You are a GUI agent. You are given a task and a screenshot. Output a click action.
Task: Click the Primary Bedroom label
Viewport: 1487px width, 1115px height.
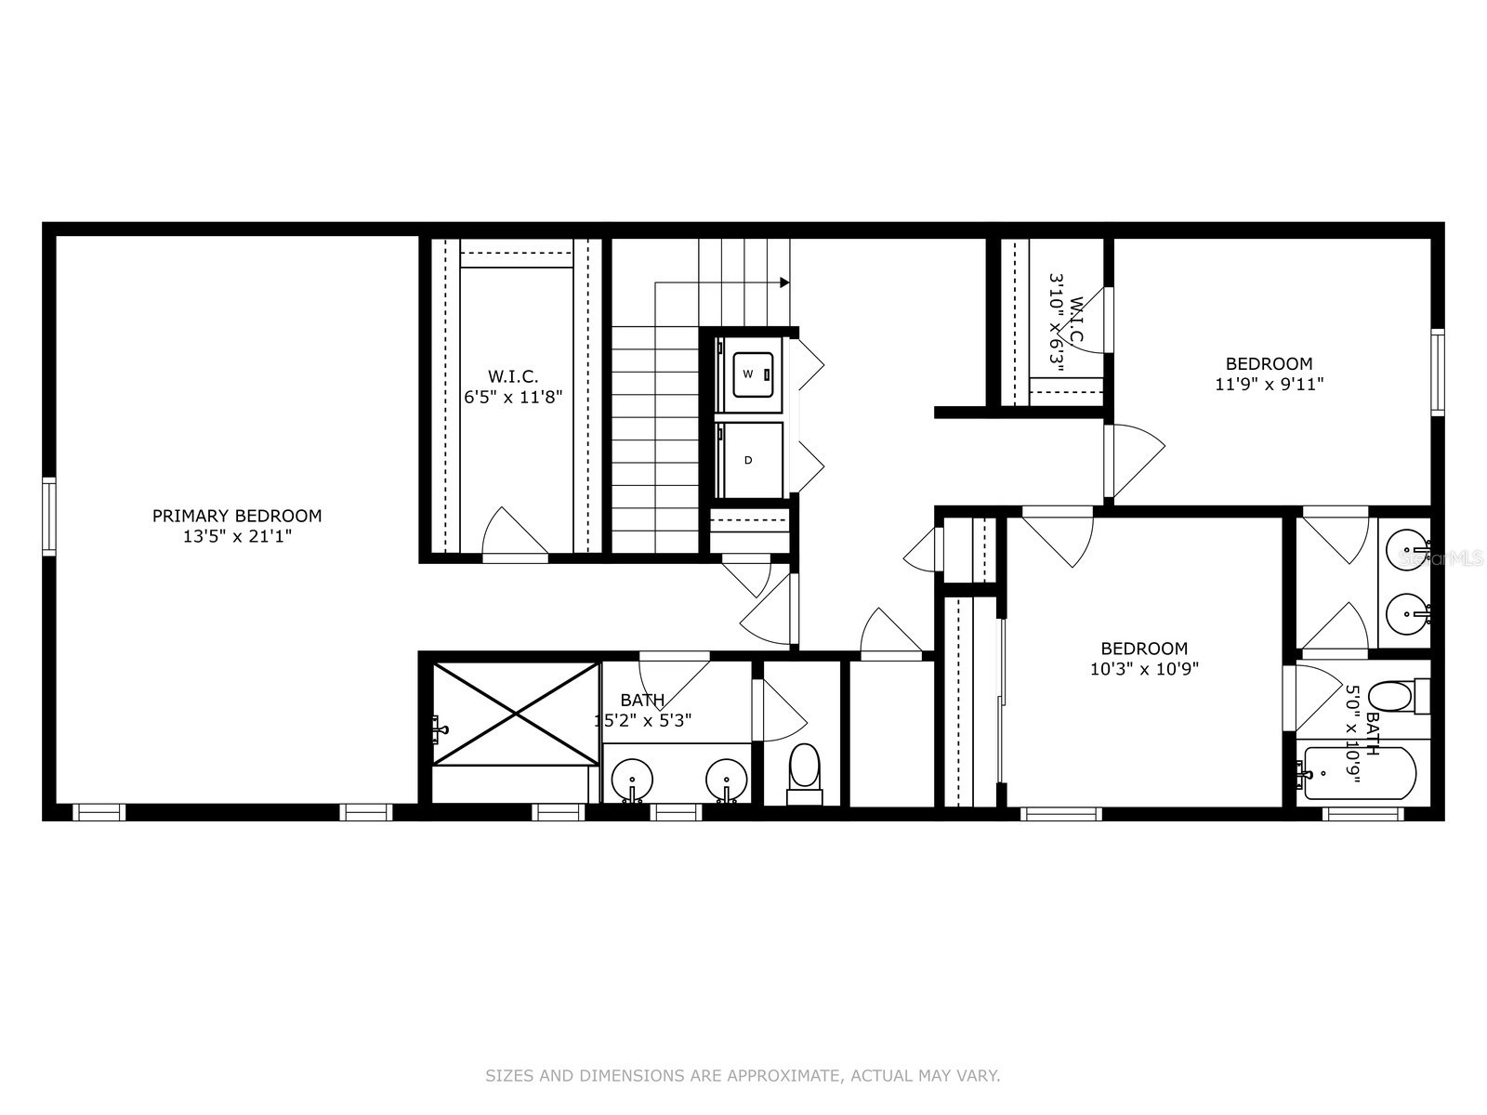(x=237, y=516)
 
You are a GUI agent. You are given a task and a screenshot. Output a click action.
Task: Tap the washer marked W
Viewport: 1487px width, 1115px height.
(x=752, y=374)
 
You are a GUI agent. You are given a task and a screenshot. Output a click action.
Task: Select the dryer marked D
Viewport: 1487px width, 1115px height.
(x=749, y=460)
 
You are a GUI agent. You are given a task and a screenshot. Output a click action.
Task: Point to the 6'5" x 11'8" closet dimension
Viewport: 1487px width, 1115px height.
(x=514, y=397)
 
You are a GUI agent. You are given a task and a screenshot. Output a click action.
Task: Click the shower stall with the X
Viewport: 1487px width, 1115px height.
(x=516, y=714)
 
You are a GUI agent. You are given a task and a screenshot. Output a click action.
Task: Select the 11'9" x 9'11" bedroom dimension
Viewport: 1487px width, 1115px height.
(x=1269, y=383)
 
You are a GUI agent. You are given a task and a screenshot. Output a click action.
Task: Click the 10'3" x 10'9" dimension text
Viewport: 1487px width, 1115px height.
(x=1144, y=668)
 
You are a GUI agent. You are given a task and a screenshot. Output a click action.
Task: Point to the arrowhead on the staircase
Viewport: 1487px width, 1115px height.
(x=785, y=282)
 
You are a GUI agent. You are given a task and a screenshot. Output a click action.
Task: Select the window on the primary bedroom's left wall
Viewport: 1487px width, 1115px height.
(x=49, y=516)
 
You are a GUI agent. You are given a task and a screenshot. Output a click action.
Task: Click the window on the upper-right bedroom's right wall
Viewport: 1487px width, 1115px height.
(x=1438, y=372)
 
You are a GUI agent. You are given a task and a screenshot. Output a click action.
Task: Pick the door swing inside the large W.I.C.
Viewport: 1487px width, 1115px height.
(x=514, y=534)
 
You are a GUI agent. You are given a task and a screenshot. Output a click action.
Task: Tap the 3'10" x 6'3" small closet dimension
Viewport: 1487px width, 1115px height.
(x=1056, y=321)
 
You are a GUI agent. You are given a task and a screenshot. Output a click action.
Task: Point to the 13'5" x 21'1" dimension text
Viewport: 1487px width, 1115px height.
(x=237, y=536)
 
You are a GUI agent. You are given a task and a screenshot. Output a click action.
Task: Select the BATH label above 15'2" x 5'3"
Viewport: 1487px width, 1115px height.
(x=642, y=700)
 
